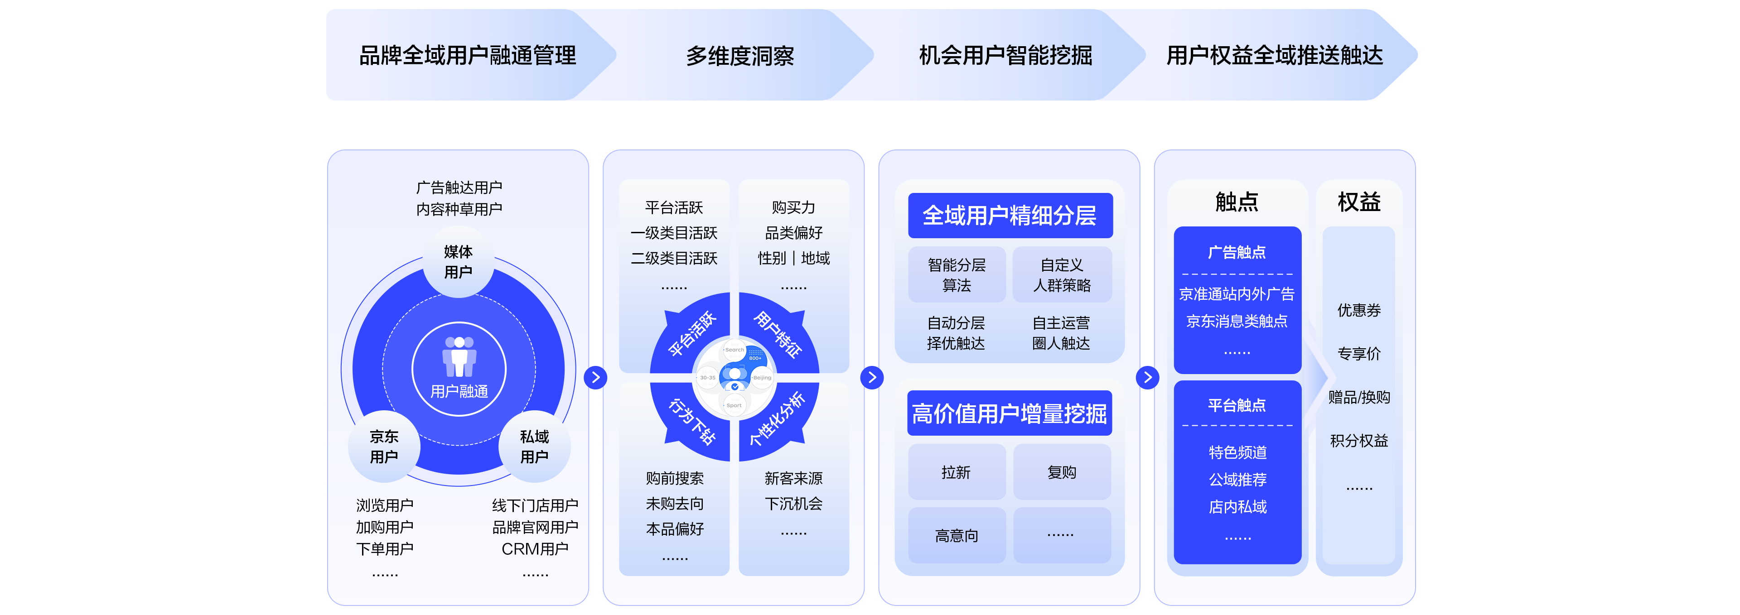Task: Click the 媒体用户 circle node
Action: [x=458, y=262]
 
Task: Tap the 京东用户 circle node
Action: [x=384, y=446]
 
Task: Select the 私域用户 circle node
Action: [x=534, y=446]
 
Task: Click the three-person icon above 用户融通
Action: [x=459, y=356]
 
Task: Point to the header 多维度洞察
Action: [x=739, y=55]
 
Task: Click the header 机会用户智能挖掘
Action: [x=1005, y=55]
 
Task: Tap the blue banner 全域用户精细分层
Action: [x=1010, y=216]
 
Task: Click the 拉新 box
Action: [x=956, y=472]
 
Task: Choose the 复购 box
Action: [x=1061, y=472]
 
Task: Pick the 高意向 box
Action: [x=956, y=535]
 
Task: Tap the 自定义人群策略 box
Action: [x=1061, y=275]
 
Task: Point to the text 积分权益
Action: [x=1358, y=440]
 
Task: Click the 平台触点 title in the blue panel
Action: [x=1236, y=405]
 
